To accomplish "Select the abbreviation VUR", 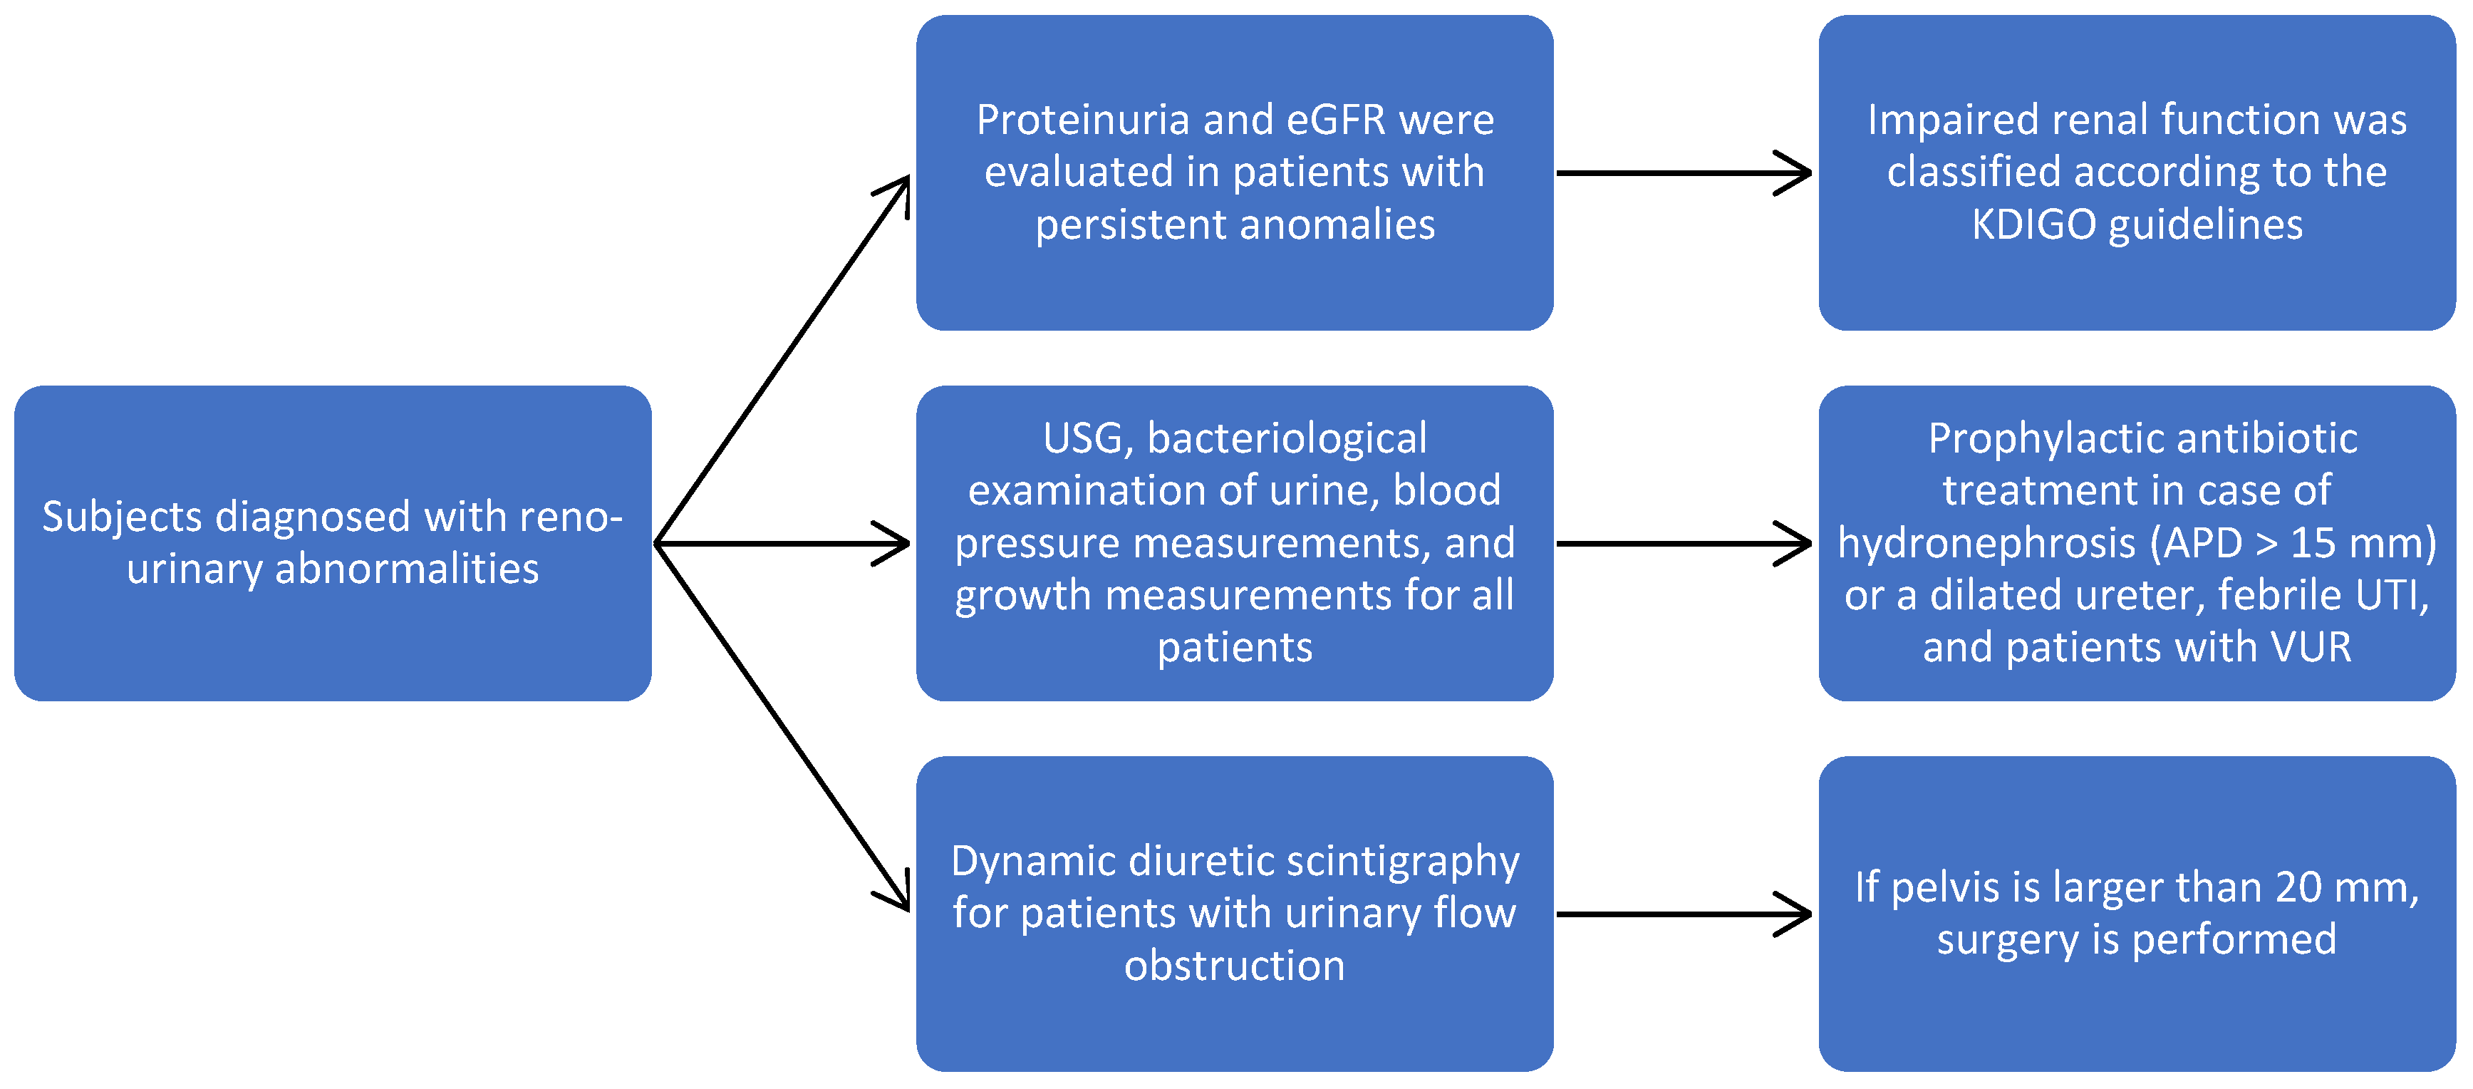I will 2310,649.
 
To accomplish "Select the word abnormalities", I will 406,569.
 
